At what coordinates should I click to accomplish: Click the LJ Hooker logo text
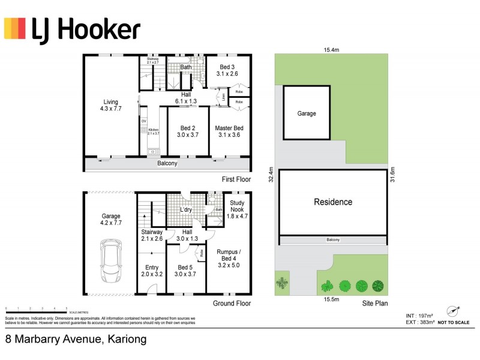pos(86,29)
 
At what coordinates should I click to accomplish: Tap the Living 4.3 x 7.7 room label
pos(110,106)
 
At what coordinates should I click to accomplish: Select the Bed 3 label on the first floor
pos(227,70)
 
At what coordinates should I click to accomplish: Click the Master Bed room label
pos(229,131)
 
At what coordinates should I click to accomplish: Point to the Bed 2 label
pos(188,131)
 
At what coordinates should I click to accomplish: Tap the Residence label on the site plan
pos(333,202)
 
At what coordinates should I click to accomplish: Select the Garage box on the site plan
pos(306,113)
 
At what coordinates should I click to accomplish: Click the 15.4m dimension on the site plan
pos(331,50)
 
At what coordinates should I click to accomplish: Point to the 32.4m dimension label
pos(271,174)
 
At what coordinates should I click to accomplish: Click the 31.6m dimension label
pos(392,174)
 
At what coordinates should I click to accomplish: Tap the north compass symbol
pos(452,311)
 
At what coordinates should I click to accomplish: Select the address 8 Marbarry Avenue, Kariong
pos(76,339)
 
